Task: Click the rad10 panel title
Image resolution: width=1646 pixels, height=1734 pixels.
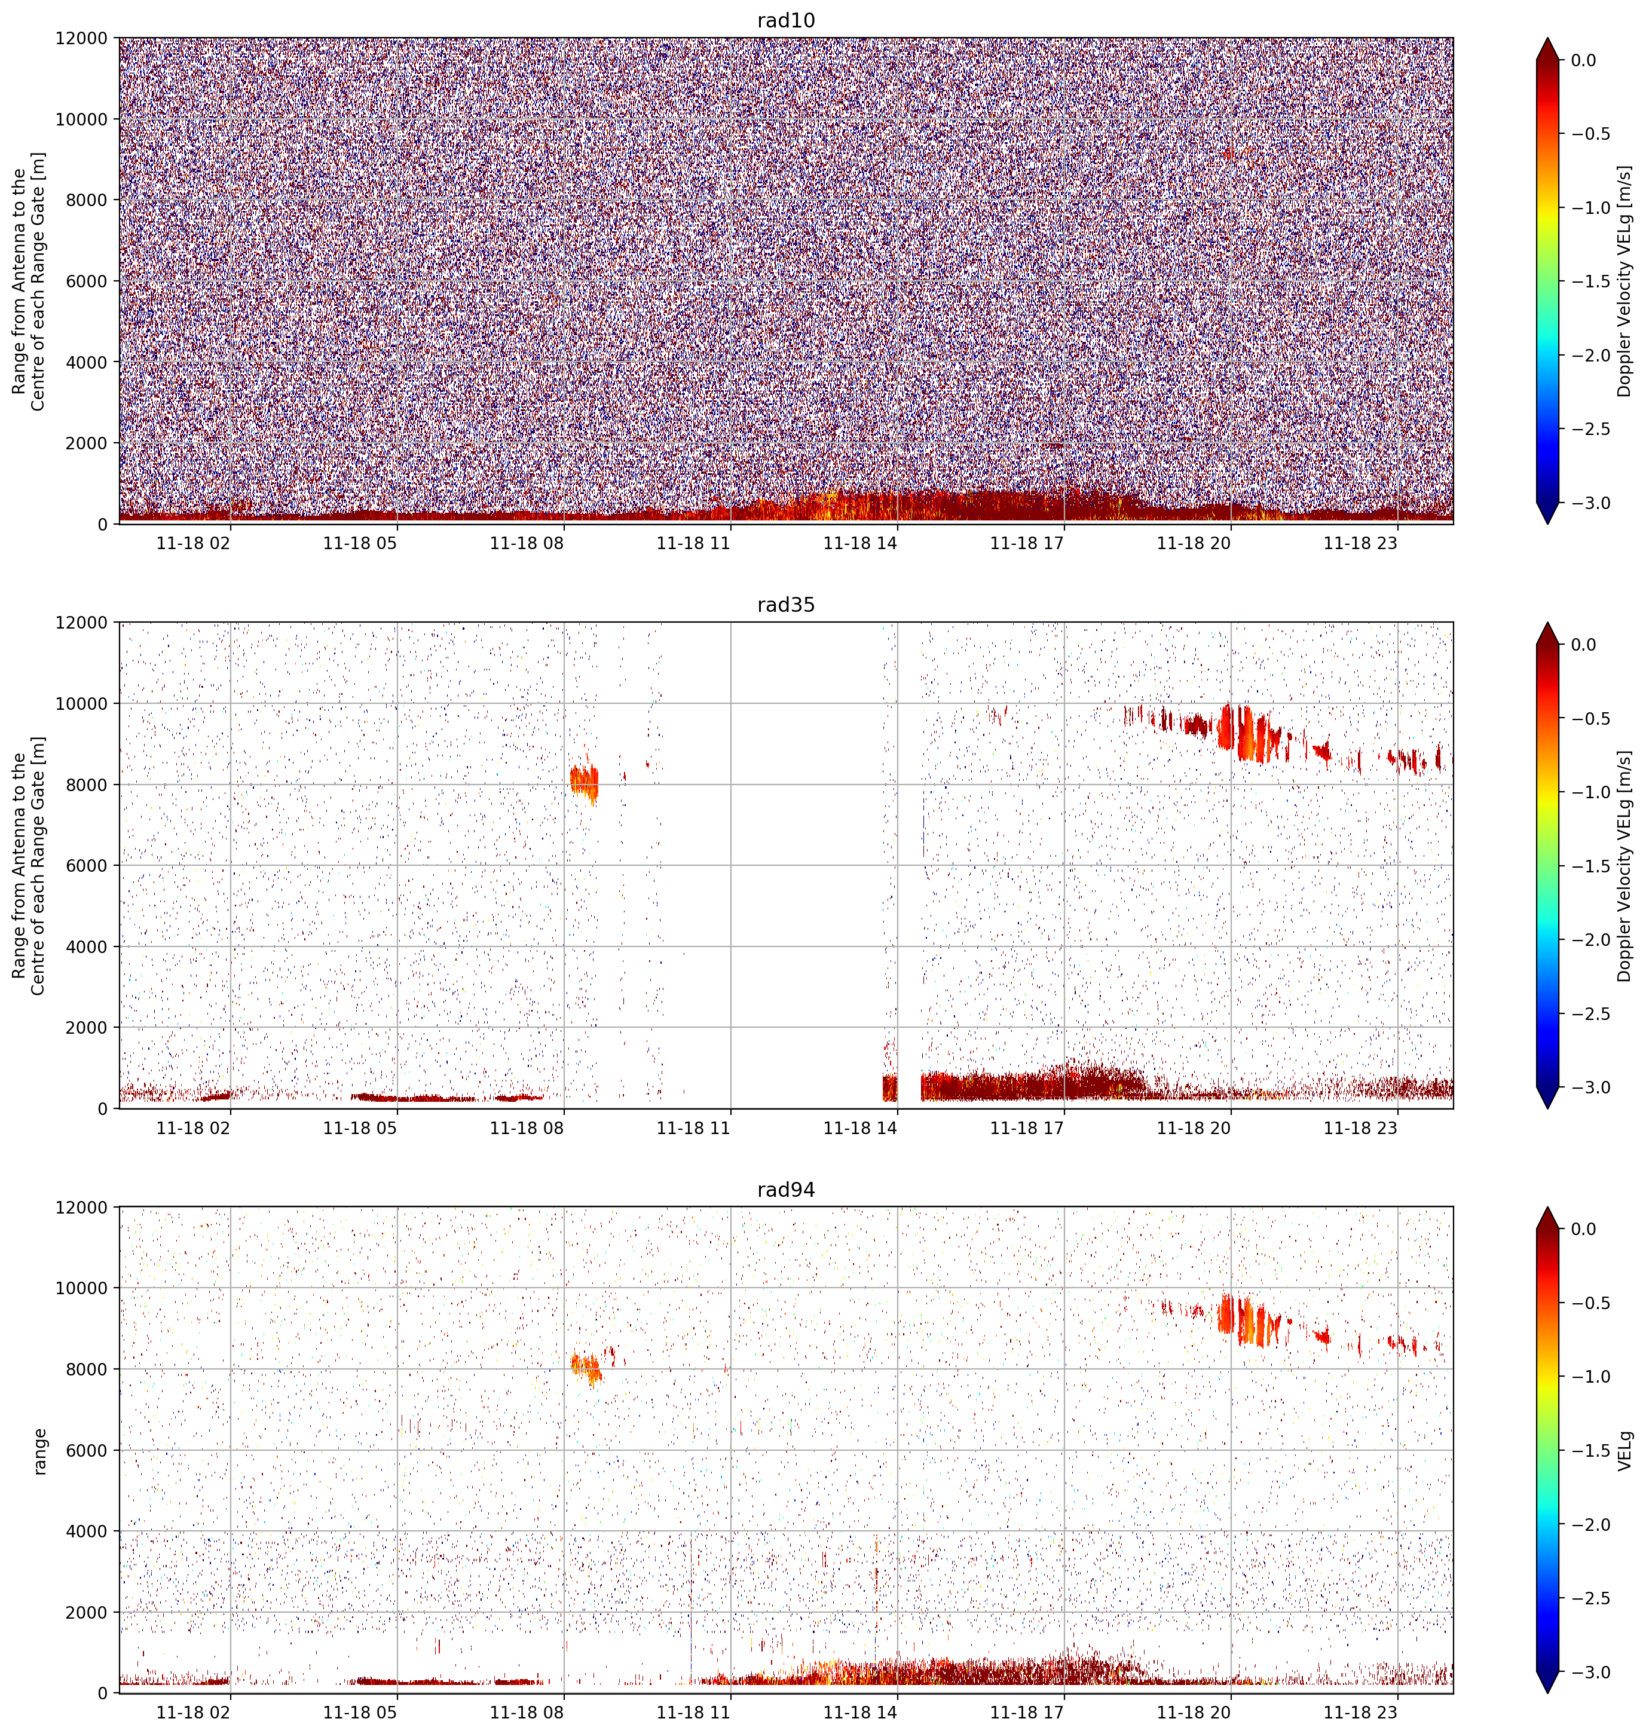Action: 785,20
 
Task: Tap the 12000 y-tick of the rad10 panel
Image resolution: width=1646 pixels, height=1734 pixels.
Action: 82,39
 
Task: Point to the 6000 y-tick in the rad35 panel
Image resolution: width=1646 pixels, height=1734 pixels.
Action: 87,866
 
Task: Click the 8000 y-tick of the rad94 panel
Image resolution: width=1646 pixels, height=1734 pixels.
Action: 87,1369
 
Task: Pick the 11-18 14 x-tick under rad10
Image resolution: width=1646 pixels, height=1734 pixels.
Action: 860,543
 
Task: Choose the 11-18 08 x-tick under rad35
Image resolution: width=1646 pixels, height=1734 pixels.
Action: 527,1128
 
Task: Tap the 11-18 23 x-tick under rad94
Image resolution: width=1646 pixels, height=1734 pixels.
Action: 1360,1712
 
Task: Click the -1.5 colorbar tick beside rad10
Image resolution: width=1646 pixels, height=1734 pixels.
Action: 1592,281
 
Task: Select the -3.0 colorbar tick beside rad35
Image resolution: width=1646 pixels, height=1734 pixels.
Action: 1592,1087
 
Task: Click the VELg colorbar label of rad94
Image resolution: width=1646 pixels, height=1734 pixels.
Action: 1625,1451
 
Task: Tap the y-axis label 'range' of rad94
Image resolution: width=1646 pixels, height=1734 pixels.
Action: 39,1451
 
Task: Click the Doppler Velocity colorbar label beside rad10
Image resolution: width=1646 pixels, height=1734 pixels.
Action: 1625,281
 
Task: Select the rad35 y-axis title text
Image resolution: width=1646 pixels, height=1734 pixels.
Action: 29,866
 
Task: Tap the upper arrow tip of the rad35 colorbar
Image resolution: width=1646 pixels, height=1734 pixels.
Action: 1548,624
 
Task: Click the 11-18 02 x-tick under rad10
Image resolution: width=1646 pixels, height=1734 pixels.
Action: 193,543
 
